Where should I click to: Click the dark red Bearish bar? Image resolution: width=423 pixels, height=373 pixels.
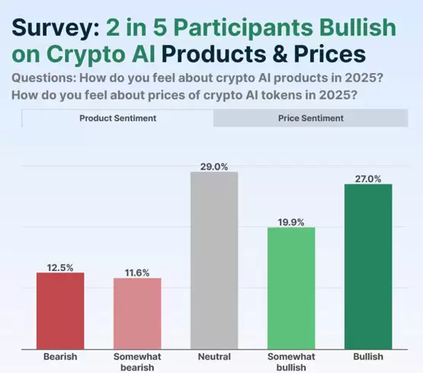point(60,311)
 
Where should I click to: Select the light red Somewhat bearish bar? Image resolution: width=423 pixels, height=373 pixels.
point(137,314)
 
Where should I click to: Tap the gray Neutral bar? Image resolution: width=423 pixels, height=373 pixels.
point(214,260)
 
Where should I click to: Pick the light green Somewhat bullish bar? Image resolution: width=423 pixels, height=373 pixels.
point(291,289)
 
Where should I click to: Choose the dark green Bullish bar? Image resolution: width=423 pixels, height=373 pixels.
point(368,266)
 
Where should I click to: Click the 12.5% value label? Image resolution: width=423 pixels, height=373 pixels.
point(60,266)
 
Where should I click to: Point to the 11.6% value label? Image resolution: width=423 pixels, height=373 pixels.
point(137,272)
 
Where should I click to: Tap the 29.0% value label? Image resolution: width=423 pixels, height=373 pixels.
point(214,165)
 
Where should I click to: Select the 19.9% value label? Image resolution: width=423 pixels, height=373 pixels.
point(291,222)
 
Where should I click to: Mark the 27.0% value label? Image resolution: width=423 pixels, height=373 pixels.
point(368,177)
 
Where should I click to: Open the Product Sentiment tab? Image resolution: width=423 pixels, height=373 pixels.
point(118,118)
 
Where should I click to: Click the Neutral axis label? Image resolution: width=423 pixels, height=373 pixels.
point(214,356)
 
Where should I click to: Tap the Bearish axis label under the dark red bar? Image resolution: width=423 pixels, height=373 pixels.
point(60,356)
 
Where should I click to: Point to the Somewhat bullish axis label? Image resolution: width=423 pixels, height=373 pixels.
point(291,362)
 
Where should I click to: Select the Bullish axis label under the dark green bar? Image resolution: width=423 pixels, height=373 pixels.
point(368,356)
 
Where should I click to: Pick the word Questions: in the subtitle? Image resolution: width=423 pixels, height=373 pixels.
point(45,80)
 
